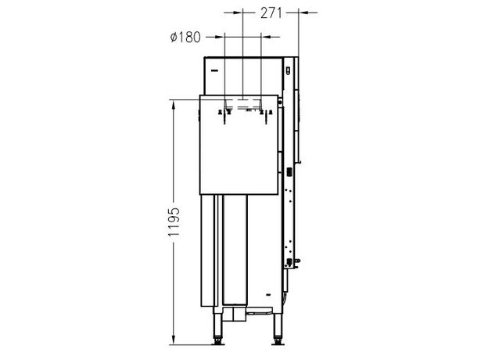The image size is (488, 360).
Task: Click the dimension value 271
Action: point(271,13)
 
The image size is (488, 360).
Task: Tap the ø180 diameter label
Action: point(185,38)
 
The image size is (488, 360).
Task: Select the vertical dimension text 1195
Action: point(174,222)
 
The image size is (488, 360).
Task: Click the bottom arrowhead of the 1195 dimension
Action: point(174,340)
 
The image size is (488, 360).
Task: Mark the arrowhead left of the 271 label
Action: point(238,13)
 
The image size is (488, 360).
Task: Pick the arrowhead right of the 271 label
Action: point(303,13)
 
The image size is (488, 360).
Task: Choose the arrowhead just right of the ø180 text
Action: point(220,37)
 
